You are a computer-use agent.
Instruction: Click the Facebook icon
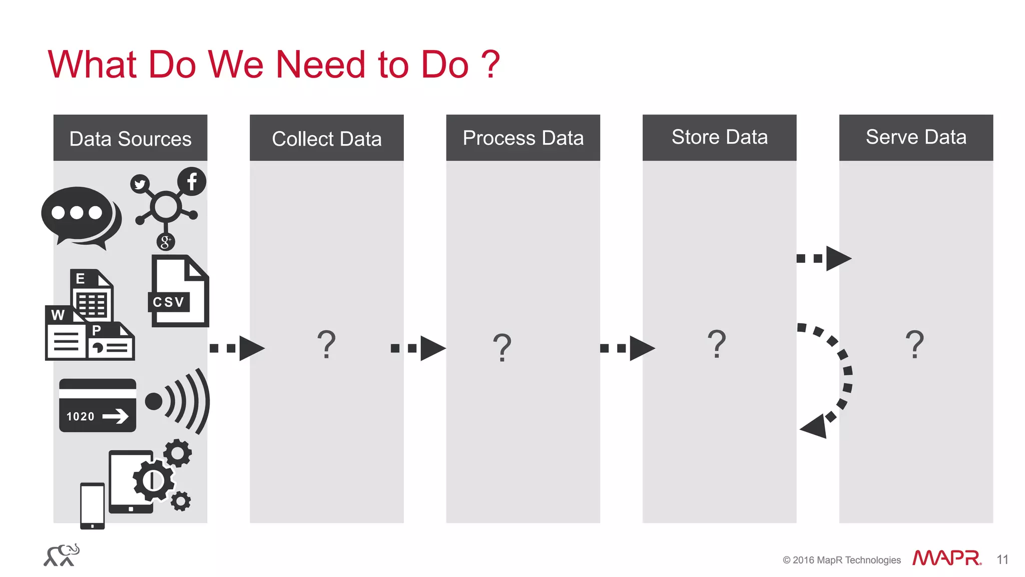(192, 181)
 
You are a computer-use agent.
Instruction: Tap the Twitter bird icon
(140, 184)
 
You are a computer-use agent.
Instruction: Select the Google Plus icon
(166, 242)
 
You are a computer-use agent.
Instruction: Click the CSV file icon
(179, 291)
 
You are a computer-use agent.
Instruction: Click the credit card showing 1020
(98, 405)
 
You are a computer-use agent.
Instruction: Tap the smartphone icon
(93, 505)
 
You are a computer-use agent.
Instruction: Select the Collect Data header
(326, 138)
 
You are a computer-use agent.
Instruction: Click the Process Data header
(523, 138)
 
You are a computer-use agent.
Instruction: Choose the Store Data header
(719, 138)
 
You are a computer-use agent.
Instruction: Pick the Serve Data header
(916, 138)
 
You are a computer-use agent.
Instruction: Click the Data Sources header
(130, 138)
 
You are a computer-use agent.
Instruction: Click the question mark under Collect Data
(326, 344)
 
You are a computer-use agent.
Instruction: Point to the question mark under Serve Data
(914, 344)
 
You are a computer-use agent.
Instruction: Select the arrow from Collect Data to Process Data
(418, 348)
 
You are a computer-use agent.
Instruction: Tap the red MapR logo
(946, 558)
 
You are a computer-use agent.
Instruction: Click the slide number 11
(1002, 559)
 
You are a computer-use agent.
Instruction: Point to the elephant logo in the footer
(62, 555)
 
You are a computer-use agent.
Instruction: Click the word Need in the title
(320, 65)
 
